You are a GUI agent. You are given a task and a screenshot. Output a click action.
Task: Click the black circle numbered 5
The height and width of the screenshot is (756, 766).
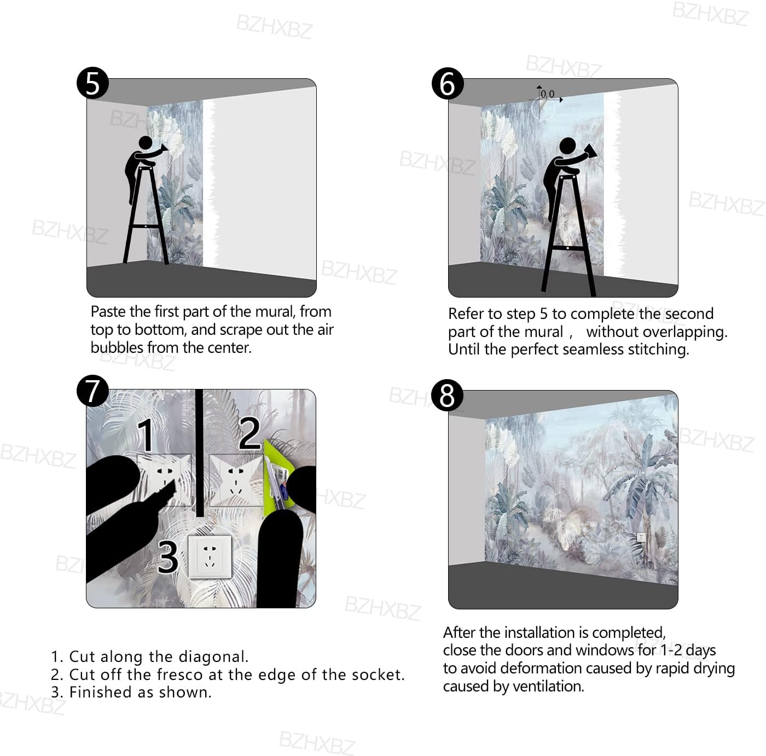click(92, 83)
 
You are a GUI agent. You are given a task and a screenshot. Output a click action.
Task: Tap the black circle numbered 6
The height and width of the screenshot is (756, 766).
click(448, 84)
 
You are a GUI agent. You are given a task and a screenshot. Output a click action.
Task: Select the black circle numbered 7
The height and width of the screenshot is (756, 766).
click(92, 391)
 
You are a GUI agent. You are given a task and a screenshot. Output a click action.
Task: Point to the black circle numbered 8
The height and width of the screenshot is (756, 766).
click(447, 396)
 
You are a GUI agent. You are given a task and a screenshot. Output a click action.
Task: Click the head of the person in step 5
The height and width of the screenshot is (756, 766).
click(146, 143)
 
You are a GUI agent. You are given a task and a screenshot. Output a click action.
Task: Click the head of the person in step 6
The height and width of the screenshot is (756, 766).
click(567, 146)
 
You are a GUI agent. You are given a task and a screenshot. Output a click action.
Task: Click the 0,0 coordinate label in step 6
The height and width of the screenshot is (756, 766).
click(547, 94)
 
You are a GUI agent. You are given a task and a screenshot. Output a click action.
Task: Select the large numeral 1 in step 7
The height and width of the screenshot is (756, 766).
click(146, 435)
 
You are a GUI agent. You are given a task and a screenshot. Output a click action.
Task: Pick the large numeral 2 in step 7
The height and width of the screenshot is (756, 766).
click(249, 433)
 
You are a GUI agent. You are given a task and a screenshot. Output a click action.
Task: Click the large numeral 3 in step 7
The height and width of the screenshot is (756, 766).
click(168, 557)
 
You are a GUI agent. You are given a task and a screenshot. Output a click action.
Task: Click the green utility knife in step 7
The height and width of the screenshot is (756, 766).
click(279, 473)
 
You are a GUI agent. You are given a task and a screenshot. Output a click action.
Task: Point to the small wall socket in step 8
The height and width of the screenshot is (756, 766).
click(641, 537)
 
